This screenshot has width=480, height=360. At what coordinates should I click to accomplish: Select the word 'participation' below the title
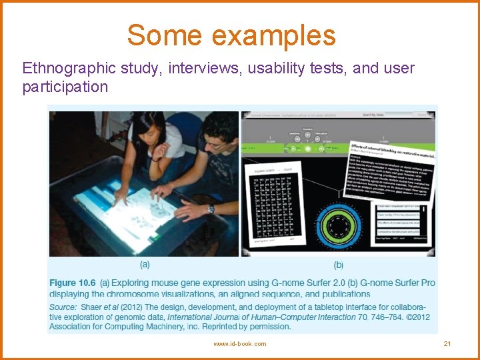pyautogui.click(x=65, y=87)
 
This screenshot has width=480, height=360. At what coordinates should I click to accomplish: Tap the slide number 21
pyautogui.click(x=447, y=343)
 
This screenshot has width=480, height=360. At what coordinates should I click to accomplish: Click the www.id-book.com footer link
pyautogui.click(x=239, y=343)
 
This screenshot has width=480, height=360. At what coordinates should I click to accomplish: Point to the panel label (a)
pyautogui.click(x=144, y=265)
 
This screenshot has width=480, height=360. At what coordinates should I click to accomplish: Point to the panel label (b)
pyautogui.click(x=338, y=265)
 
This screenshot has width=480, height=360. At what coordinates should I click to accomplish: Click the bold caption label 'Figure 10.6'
pyautogui.click(x=72, y=283)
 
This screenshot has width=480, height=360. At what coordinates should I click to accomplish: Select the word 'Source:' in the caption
pyautogui.click(x=63, y=307)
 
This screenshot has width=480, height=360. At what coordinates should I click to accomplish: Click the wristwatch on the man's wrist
pyautogui.click(x=211, y=209)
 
